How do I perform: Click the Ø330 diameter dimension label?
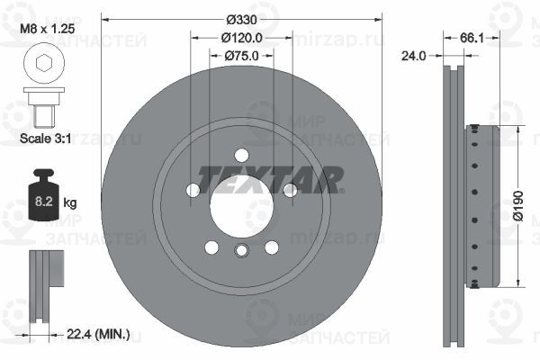pyautogui.click(x=241, y=20)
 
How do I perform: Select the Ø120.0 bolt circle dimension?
pyautogui.click(x=241, y=38)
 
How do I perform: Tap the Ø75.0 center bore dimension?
pyautogui.click(x=241, y=56)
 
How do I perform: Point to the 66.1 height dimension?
pyautogui.click(x=472, y=38)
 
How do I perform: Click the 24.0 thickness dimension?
pyautogui.click(x=414, y=56)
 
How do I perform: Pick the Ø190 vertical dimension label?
pyautogui.click(x=518, y=206)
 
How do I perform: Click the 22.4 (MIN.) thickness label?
pyautogui.click(x=98, y=334)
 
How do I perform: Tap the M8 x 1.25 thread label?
pyautogui.click(x=47, y=29)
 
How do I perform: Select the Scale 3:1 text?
pyautogui.click(x=46, y=139)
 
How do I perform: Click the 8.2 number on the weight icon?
pyautogui.click(x=44, y=201)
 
